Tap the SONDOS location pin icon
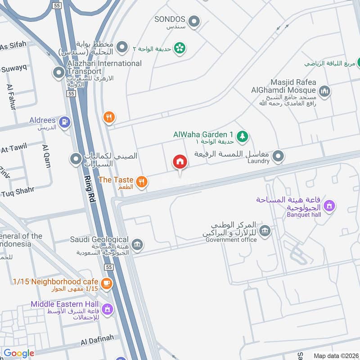(x=194, y=21)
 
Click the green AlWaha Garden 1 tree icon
(x=243, y=135)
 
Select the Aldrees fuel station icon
(x=65, y=121)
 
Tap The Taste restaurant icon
(x=142, y=181)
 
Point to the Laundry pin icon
(x=279, y=157)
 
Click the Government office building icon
(x=265, y=231)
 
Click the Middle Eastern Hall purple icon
(x=107, y=309)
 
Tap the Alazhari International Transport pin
(x=58, y=72)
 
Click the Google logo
(x=19, y=354)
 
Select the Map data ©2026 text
(x=335, y=355)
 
